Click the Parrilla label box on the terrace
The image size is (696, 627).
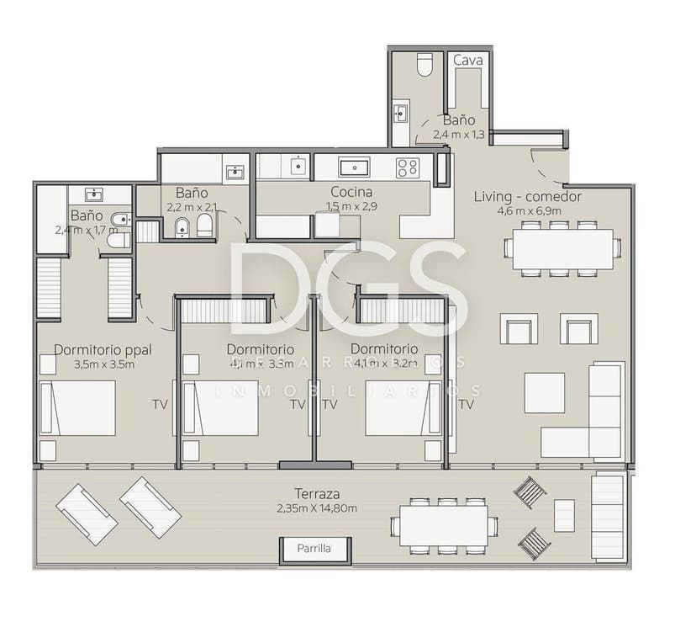(x=314, y=549)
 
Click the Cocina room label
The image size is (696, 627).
(x=351, y=192)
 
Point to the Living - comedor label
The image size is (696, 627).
(x=528, y=197)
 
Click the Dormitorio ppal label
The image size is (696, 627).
(x=103, y=349)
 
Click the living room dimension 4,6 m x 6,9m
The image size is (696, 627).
(x=529, y=211)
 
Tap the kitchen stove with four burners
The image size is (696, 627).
(x=408, y=167)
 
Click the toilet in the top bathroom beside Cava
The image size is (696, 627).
(x=424, y=65)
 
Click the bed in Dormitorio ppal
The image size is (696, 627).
(x=78, y=408)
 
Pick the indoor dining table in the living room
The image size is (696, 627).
(x=562, y=248)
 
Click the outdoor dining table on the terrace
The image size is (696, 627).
(x=444, y=526)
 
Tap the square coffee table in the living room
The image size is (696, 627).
(x=545, y=392)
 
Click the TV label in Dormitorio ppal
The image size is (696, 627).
(x=160, y=405)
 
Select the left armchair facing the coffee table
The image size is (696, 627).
(x=519, y=329)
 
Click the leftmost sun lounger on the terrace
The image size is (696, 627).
(x=86, y=513)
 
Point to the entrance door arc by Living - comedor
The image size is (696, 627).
(x=548, y=168)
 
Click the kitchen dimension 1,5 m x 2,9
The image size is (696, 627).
(x=351, y=206)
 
